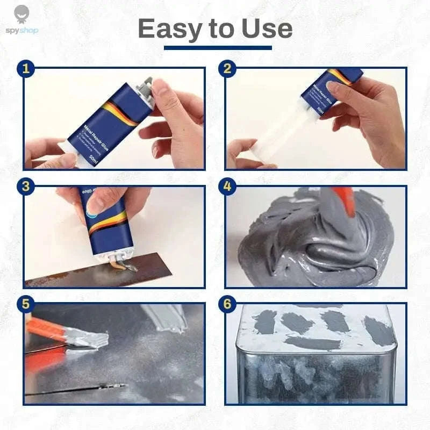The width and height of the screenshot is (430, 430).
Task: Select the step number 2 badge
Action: [x=227, y=69]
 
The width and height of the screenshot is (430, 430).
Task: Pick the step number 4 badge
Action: [x=227, y=187]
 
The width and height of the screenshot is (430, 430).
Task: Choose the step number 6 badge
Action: [x=227, y=304]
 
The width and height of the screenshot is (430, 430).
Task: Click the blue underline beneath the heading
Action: [x=218, y=48]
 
